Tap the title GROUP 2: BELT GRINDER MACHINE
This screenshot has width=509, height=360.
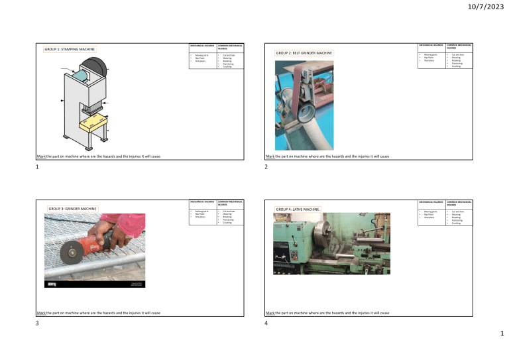coord(305,52)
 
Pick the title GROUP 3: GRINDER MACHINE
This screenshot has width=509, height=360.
coord(73,209)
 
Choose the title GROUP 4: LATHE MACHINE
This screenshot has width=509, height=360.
coord(298,210)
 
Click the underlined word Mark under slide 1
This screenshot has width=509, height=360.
coord(42,156)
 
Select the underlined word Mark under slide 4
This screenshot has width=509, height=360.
coord(270,312)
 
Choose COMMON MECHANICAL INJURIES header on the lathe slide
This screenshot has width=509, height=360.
coord(457,202)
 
